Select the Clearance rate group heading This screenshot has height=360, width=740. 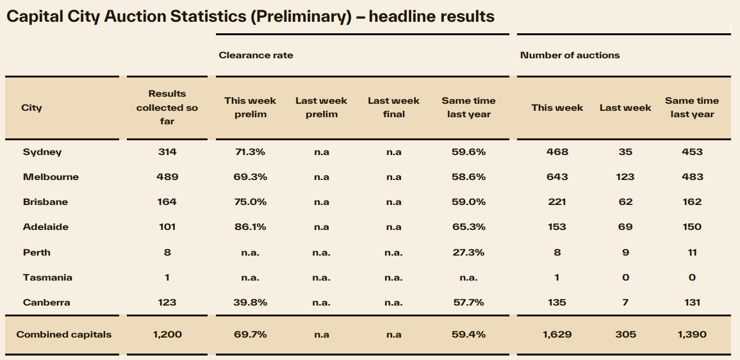tap(256, 55)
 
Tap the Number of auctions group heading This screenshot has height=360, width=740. tap(570, 55)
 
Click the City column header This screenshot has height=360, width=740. tap(31, 108)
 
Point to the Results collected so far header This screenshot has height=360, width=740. tap(167, 108)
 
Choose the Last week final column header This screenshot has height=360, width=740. tap(393, 108)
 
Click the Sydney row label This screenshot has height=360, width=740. tap(42, 152)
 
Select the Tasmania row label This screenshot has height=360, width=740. tap(47, 277)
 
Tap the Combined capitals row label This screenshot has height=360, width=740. tap(64, 334)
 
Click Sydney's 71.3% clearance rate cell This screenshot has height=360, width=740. tap(250, 152)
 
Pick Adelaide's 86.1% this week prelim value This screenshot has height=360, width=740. tap(250, 227)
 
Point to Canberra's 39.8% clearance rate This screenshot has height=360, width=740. tap(250, 302)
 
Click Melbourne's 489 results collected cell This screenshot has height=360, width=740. tap(167, 177)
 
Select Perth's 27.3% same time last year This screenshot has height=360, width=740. tap(468, 252)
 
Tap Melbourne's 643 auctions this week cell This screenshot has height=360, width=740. tap(557, 177)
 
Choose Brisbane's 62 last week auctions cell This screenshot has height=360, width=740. tap(625, 202)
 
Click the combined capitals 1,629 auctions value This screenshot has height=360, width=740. tap(557, 334)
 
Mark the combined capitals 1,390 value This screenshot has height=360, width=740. tap(692, 334)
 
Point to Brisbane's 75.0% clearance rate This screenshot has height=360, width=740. tap(250, 202)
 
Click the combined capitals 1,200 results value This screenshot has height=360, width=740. tap(167, 334)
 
